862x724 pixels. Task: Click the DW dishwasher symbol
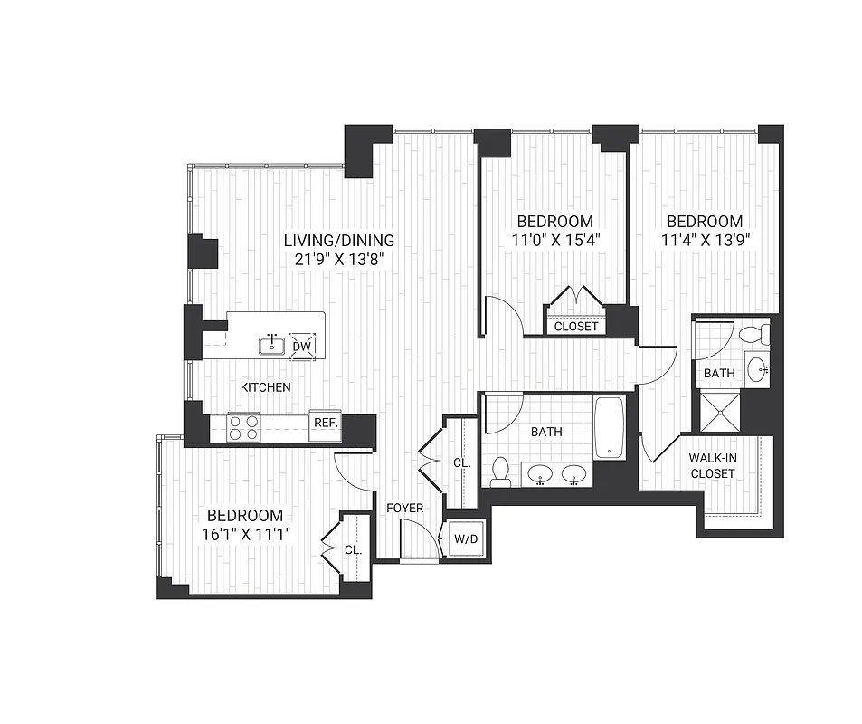[303, 345]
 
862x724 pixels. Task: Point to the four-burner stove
[243, 426]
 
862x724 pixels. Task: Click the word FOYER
[404, 508]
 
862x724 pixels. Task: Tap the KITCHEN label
[265, 387]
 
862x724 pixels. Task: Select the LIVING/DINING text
[339, 241]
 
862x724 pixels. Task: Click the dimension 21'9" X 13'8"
[339, 260]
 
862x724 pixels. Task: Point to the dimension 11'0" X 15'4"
[554, 241]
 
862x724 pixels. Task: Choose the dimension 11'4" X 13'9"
[705, 241]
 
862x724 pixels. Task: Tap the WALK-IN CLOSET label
[712, 465]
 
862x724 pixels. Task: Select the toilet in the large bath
[500, 471]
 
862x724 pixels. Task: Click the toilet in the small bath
[753, 336]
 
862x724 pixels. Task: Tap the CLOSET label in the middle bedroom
[576, 326]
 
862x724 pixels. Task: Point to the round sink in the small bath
[758, 369]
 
